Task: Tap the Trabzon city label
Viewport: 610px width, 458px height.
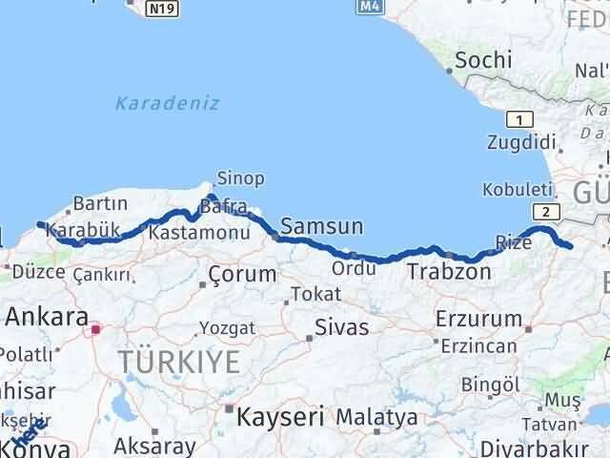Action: (x=449, y=272)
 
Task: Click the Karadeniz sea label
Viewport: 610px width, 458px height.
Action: (x=168, y=103)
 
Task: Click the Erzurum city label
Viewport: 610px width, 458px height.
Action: (x=478, y=319)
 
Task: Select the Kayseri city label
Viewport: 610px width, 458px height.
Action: (x=280, y=416)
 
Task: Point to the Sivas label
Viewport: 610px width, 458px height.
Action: (x=342, y=329)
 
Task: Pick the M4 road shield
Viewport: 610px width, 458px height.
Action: (x=370, y=7)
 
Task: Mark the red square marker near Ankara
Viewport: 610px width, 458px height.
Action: (x=95, y=330)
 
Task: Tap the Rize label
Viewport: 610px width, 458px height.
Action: (x=514, y=241)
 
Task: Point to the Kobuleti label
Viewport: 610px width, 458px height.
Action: (x=518, y=187)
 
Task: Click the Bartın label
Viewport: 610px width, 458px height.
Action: (x=100, y=203)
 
